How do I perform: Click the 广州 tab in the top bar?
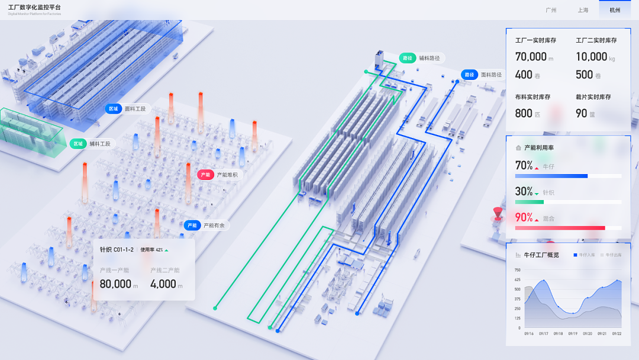point(551,10)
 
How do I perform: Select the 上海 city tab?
point(583,10)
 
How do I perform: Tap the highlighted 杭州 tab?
point(615,10)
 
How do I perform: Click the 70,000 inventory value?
point(531,57)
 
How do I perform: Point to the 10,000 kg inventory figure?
point(591,57)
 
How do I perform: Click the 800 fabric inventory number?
point(524,113)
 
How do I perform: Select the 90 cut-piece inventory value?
point(582,113)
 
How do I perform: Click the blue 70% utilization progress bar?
point(551,176)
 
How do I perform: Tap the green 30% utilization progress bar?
point(529,202)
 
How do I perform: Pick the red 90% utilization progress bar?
point(560,228)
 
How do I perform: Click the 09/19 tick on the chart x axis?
point(573,334)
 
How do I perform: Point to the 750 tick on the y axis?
point(517,270)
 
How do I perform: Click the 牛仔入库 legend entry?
point(584,255)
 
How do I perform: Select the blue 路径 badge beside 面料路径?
point(469,75)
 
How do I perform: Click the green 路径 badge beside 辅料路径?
point(407,58)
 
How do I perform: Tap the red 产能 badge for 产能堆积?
point(205,175)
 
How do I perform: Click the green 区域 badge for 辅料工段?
point(78,143)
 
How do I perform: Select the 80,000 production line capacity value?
point(115,284)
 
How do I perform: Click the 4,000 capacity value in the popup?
point(163,284)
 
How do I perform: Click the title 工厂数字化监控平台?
point(34,7)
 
